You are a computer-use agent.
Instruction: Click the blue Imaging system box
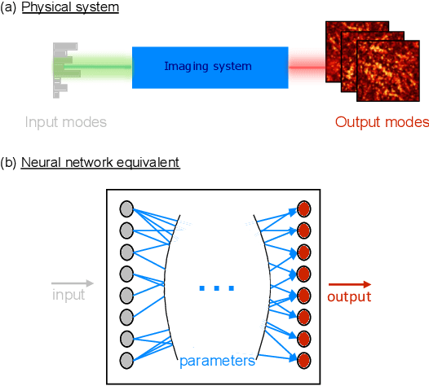click(210, 67)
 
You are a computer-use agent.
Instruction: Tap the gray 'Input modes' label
click(65, 123)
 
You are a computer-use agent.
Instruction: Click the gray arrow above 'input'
click(72, 283)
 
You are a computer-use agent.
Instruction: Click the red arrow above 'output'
click(349, 283)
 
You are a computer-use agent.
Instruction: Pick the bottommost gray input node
click(126, 360)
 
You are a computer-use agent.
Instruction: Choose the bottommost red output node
click(305, 360)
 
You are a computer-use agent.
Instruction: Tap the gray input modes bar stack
click(65, 68)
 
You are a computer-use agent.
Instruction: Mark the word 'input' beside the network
click(68, 296)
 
